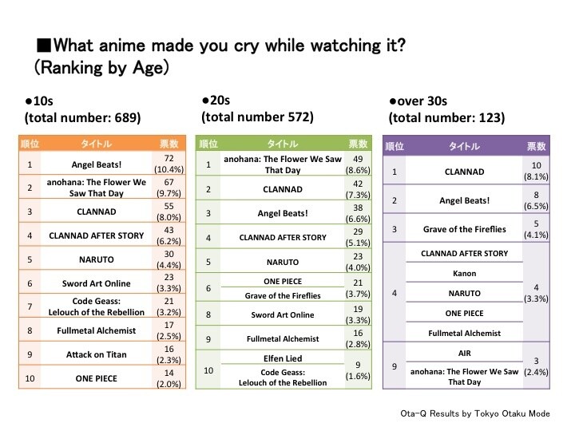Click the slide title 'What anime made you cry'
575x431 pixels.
[x=220, y=45]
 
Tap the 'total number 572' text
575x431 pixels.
[x=257, y=117]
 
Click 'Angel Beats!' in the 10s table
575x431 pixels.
[x=91, y=164]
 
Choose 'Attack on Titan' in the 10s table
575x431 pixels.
[x=91, y=353]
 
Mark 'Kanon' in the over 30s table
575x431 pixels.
[x=463, y=273]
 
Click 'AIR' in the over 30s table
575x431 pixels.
[x=463, y=352]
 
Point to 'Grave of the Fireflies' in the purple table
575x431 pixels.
[x=463, y=229]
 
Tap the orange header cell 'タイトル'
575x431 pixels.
[x=91, y=144]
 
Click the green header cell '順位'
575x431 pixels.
[x=208, y=144]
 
